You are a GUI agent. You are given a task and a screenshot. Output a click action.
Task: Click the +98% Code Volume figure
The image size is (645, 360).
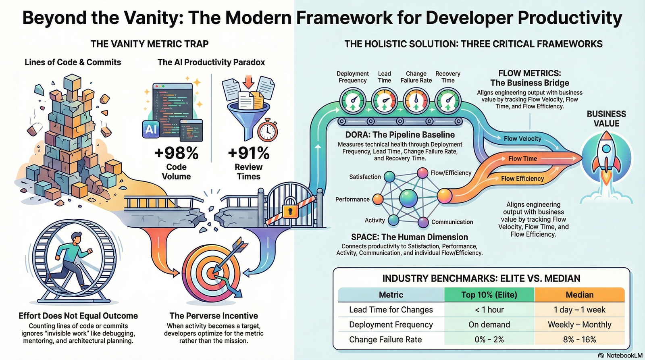point(176,154)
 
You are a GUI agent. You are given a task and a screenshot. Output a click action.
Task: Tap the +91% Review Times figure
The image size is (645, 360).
point(248,154)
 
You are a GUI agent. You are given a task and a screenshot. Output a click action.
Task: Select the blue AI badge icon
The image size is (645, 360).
point(151,129)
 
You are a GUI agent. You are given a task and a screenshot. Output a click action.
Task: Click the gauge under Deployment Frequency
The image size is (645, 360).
point(353,101)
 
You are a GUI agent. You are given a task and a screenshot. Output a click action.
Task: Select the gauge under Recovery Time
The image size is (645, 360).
point(447,101)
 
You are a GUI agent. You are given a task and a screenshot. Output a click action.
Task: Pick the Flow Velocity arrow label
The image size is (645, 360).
point(522,139)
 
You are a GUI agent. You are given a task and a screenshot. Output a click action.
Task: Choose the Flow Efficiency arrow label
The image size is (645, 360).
point(522,179)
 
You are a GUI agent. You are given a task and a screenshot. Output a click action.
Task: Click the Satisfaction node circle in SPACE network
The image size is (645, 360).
point(389,177)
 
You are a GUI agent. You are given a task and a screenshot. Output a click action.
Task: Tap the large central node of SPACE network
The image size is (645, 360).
point(408,198)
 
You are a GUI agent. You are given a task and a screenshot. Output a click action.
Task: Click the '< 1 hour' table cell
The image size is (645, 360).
point(489,310)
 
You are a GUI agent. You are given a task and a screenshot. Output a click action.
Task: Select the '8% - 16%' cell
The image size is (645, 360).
point(579,339)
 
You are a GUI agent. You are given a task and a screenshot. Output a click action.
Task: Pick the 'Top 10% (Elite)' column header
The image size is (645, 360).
point(489,295)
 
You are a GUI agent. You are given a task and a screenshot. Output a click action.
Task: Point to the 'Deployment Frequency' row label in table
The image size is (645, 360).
point(391,325)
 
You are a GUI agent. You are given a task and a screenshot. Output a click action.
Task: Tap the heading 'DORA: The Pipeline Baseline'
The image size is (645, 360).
point(400,135)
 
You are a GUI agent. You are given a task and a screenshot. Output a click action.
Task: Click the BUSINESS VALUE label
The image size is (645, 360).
point(606,119)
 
